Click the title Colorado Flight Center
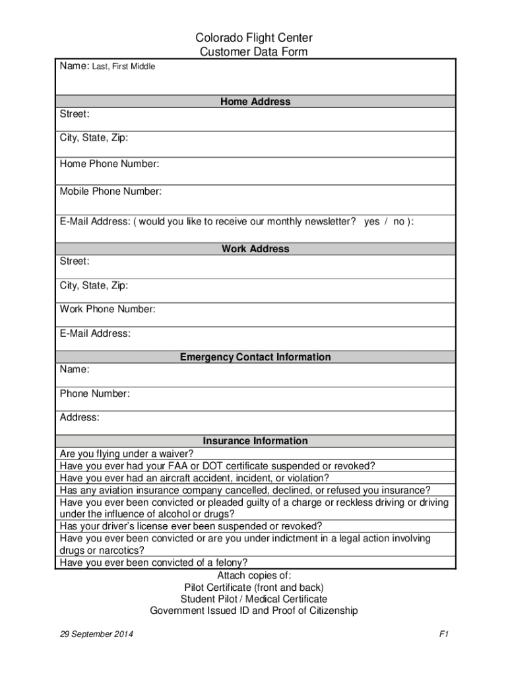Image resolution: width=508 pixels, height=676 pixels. click(254, 38)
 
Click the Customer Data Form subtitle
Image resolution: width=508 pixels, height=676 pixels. click(254, 52)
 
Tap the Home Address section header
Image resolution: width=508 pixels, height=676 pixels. click(255, 102)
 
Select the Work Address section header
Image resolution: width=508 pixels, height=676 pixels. click(255, 249)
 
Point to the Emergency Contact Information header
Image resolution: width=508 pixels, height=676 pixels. click(255, 357)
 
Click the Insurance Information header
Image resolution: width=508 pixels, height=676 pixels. click(255, 441)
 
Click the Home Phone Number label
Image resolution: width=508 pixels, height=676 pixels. click(110, 164)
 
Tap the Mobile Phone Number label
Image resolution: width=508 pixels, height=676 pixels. click(111, 191)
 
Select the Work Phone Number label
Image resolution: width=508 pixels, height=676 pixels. click(108, 309)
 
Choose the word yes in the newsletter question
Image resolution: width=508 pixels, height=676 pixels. click(371, 222)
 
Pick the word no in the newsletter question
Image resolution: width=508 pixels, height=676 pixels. click(399, 222)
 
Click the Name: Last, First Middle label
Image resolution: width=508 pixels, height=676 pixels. click(108, 66)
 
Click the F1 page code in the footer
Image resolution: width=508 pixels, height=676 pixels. click(443, 634)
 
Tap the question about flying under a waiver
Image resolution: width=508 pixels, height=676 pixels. click(127, 454)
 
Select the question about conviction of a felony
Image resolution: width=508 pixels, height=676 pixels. click(154, 563)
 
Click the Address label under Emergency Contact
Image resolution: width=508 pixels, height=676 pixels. click(80, 417)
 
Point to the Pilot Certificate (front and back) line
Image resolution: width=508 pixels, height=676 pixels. click(254, 588)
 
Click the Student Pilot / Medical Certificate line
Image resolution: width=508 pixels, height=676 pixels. click(254, 599)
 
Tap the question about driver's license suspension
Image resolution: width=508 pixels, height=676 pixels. click(191, 526)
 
